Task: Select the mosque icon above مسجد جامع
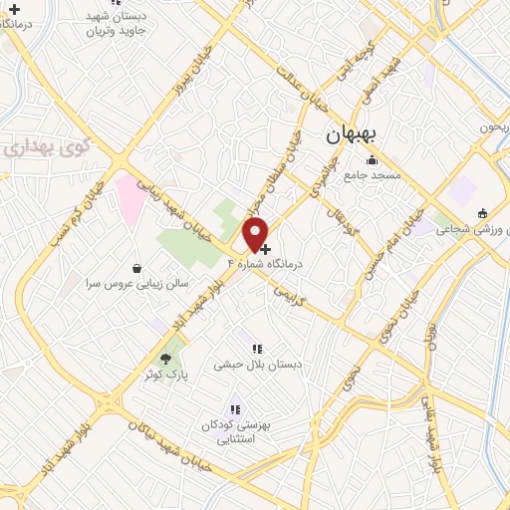click(x=373, y=160)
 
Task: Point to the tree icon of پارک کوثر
click(x=166, y=358)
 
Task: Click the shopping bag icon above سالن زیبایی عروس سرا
click(x=137, y=268)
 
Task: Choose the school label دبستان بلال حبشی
click(x=257, y=365)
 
